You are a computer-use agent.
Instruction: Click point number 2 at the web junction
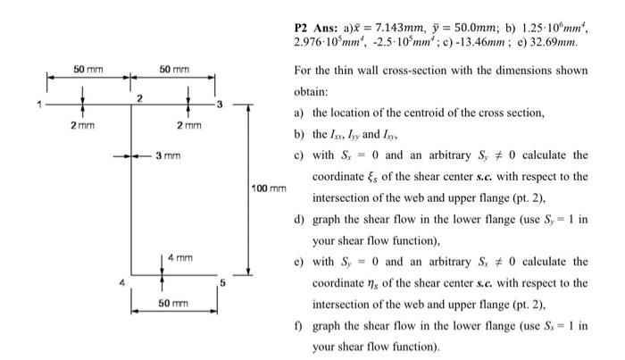138,97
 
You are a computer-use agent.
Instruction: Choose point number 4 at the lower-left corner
123,285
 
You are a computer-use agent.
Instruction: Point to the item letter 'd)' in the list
300,218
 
